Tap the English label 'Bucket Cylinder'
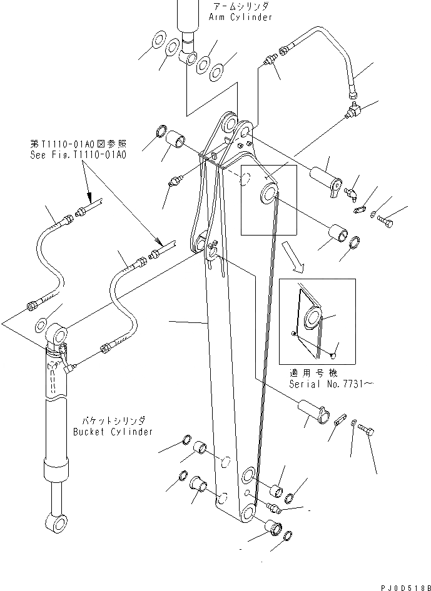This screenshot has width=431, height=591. tap(113, 432)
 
